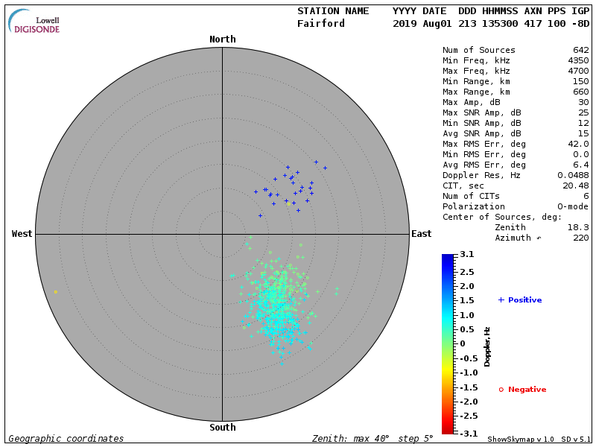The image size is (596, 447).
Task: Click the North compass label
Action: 222,39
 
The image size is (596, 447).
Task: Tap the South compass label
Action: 222,428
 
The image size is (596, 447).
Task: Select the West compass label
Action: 22,234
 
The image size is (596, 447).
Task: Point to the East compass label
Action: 421,234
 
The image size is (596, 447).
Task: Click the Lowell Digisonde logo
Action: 35,22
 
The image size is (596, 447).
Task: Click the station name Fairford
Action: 321,23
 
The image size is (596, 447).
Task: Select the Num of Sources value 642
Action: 580,51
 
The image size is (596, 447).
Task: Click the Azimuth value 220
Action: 580,238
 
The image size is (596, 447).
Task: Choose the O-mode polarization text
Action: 571,206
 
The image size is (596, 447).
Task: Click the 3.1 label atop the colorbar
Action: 467,255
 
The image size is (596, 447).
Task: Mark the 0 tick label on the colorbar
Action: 462,343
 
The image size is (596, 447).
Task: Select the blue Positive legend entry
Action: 520,300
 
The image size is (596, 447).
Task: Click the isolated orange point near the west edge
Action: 55,291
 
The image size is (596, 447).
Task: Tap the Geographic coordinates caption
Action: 66,439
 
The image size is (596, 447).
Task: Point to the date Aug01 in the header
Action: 428,23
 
